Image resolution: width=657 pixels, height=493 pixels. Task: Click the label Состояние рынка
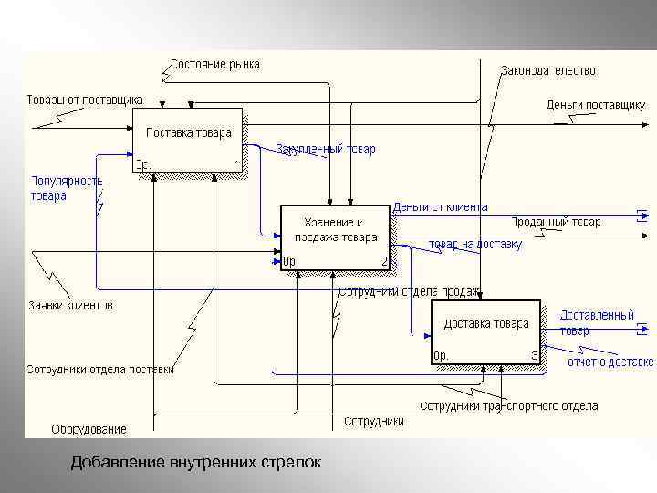(x=215, y=64)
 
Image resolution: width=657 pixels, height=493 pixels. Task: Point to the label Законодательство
(x=547, y=70)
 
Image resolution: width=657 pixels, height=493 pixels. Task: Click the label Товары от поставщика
(x=84, y=99)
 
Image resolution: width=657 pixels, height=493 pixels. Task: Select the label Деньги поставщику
(x=596, y=105)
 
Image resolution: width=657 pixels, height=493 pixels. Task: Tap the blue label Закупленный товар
(x=326, y=149)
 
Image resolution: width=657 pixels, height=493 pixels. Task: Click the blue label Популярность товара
(x=67, y=188)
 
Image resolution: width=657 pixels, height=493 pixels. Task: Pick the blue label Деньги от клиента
(x=441, y=207)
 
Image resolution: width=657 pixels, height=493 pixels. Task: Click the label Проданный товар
(x=556, y=222)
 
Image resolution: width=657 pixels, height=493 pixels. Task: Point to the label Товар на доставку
(x=474, y=244)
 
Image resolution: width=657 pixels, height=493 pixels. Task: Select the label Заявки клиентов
(x=70, y=305)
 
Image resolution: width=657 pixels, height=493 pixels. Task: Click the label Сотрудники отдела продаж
(x=409, y=291)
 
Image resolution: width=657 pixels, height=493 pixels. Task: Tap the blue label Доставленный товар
(x=596, y=322)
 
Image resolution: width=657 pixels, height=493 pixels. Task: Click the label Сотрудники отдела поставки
(x=99, y=370)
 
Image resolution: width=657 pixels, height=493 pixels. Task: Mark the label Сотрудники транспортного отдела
(x=508, y=405)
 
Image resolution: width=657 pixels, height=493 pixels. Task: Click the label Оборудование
(x=89, y=428)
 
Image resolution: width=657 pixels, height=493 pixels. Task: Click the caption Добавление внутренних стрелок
(x=196, y=463)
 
